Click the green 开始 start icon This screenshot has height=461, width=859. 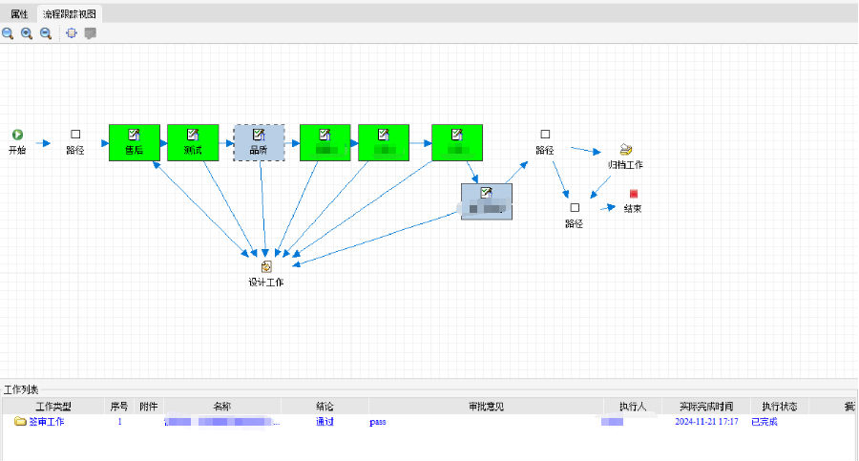tap(17, 136)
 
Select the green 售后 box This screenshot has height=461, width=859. tap(134, 142)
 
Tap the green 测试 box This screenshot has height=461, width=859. tap(193, 142)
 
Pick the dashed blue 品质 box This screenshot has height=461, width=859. tap(259, 142)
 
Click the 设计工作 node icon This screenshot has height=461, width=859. tap(266, 267)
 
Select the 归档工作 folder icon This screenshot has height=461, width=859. tap(626, 150)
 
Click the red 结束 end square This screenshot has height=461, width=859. tap(633, 194)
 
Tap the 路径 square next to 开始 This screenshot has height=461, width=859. tap(75, 136)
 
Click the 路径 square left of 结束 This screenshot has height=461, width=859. tap(574, 208)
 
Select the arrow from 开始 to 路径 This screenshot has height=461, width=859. tap(42, 142)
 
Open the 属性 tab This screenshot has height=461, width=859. tap(19, 13)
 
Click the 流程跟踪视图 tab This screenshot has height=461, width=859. tap(69, 13)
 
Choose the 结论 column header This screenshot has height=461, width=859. tap(325, 407)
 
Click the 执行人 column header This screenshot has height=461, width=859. tap(632, 407)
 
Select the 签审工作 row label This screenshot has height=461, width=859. tap(45, 421)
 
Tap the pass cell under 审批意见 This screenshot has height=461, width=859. tap(377, 421)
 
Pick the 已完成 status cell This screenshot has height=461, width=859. tap(765, 421)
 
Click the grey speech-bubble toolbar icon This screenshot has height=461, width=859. tap(91, 33)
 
